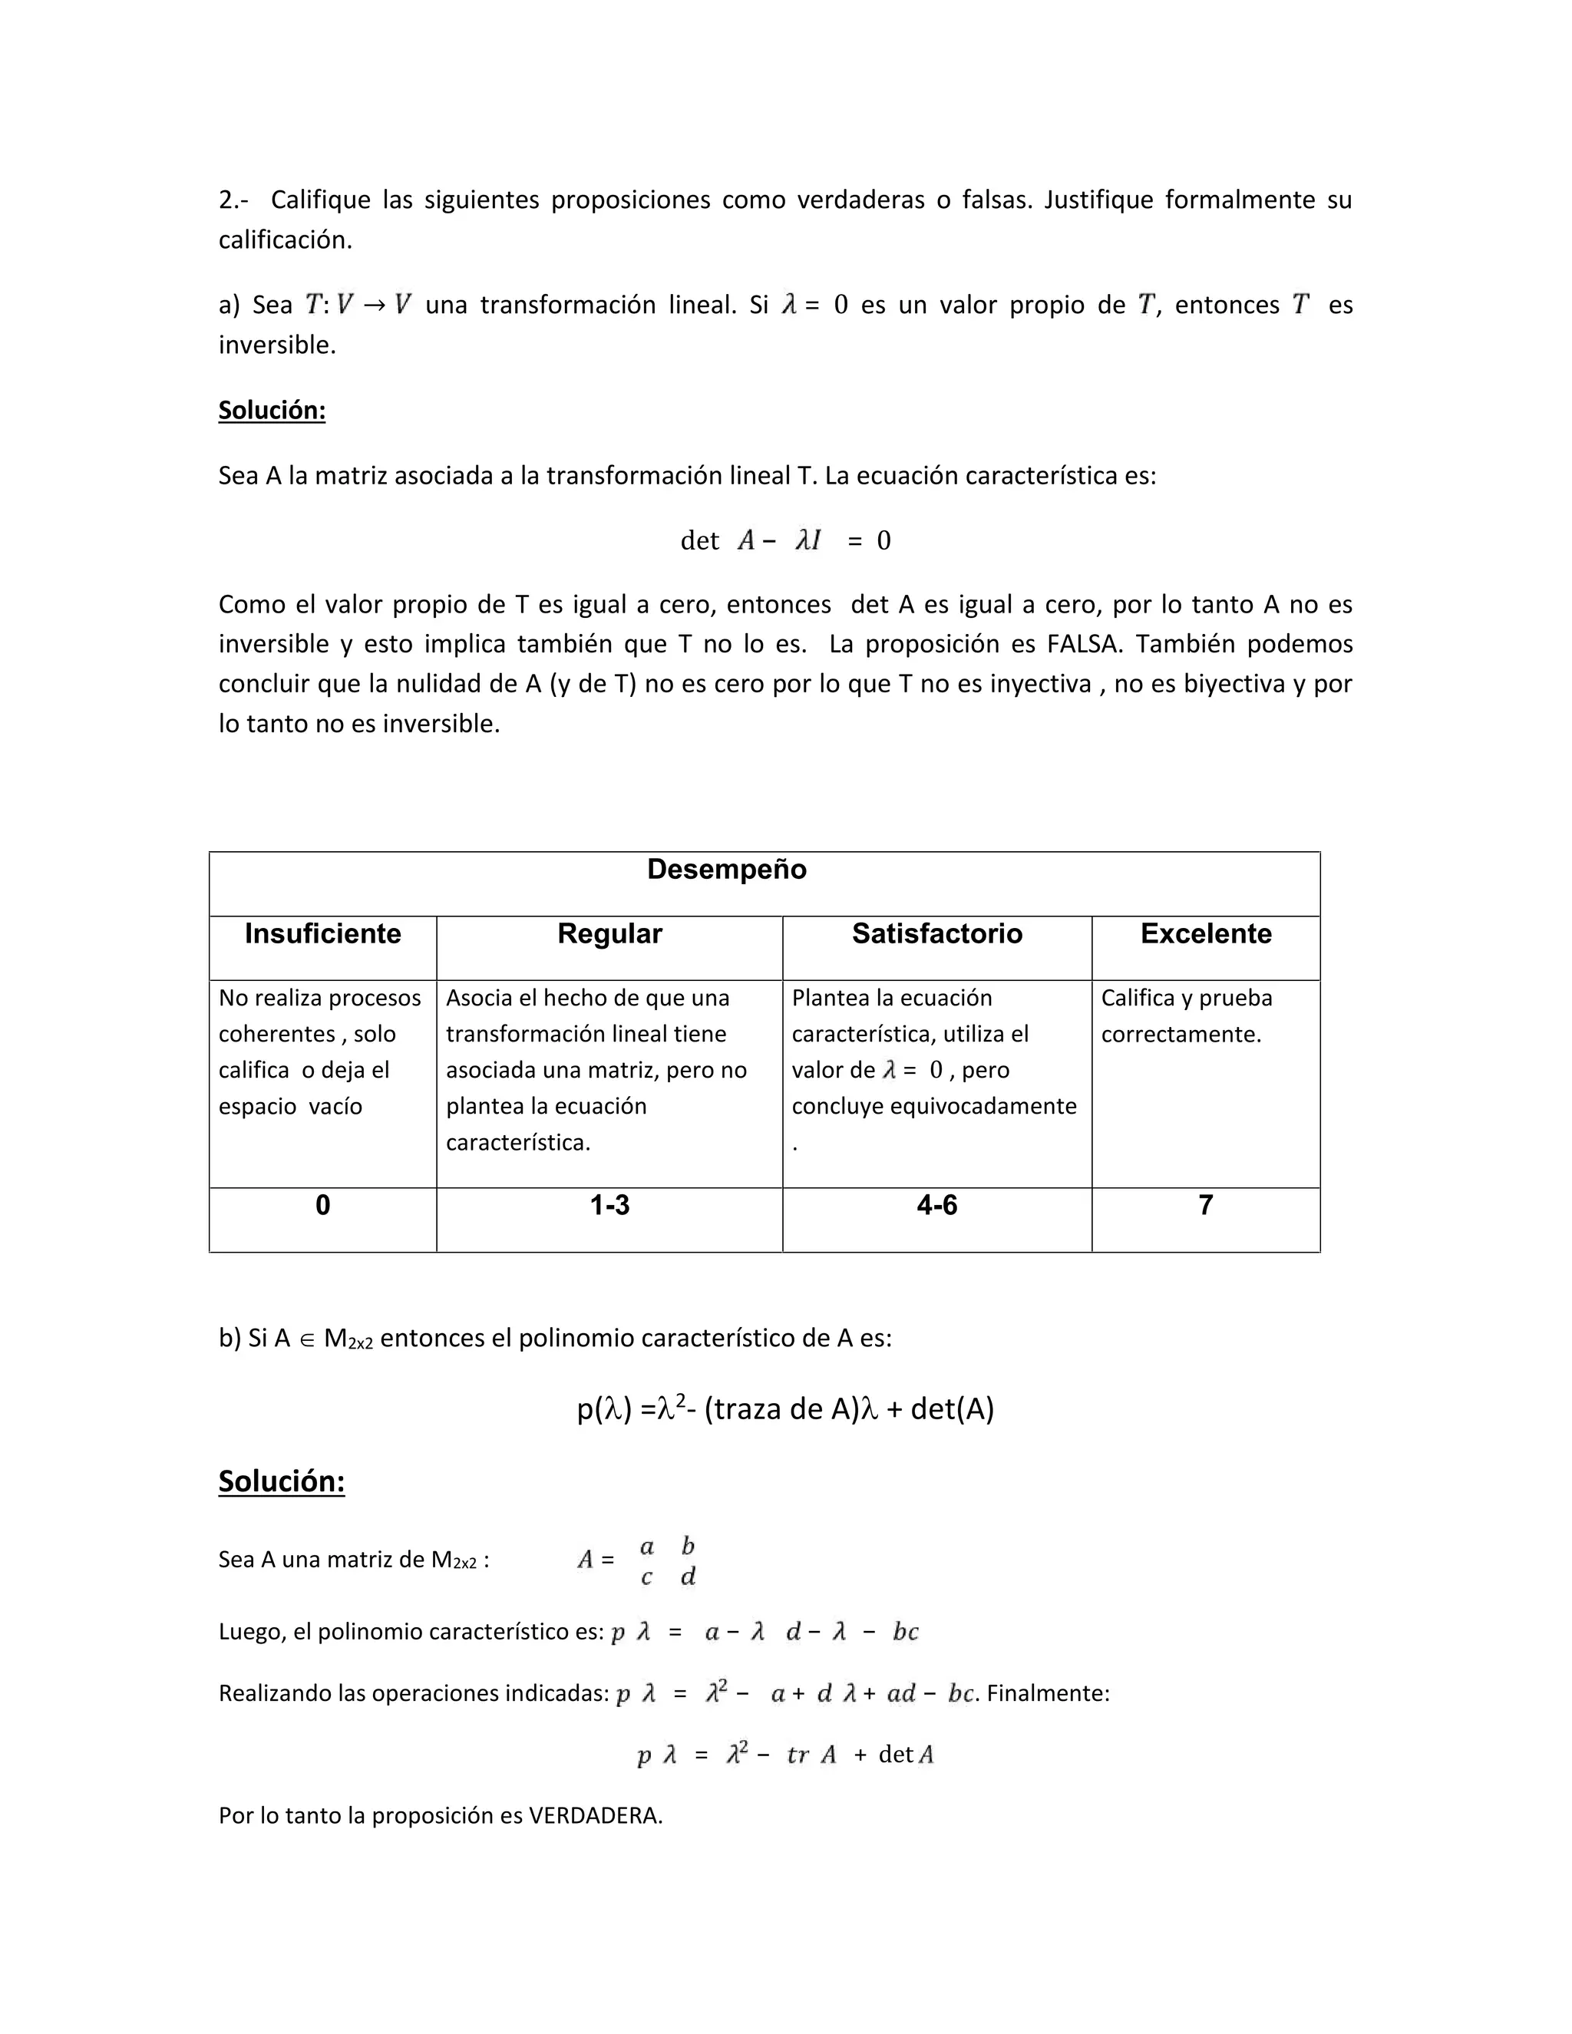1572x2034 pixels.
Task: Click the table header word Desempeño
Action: pos(726,869)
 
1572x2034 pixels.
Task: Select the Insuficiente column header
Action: pos(322,933)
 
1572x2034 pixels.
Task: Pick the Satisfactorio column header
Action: pos(937,933)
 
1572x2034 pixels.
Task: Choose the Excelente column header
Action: pos(1205,933)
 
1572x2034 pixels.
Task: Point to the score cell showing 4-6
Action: pos(937,1205)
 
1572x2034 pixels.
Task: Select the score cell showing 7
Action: pos(1205,1205)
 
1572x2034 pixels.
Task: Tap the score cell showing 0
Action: pos(322,1205)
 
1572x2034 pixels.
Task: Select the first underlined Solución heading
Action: pos(272,410)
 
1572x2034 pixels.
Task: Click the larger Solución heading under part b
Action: pos(281,1481)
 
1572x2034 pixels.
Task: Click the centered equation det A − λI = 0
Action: pos(785,540)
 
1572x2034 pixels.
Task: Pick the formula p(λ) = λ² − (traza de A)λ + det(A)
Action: pos(785,1408)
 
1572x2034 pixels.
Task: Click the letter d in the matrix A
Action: pos(689,1577)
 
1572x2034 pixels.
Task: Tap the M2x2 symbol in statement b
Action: pos(348,1339)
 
